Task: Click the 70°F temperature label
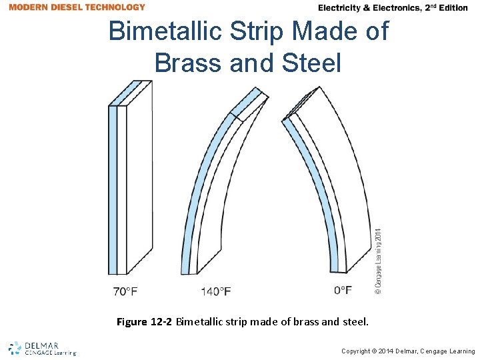125,291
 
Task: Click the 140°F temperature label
216,291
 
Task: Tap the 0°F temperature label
343,290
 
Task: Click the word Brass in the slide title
190,63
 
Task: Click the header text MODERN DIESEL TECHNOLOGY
77,7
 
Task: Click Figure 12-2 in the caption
144,322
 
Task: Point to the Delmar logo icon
15,347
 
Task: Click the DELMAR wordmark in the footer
43,346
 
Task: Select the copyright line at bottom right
408,351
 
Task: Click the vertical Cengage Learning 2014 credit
378,261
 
